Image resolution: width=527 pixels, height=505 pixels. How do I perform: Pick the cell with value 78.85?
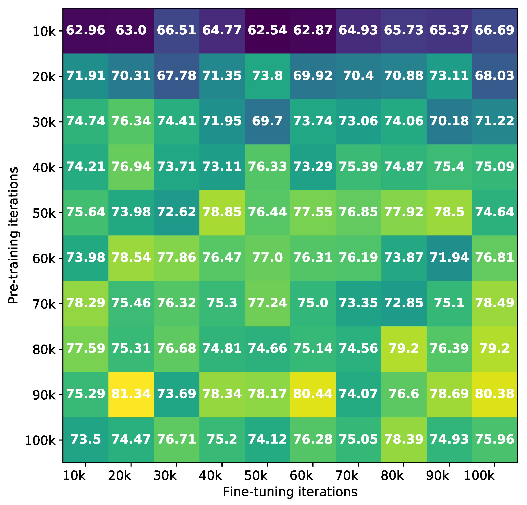[222, 212]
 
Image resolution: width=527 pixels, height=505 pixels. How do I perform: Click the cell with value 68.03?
[494, 76]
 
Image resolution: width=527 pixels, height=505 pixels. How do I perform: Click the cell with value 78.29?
[86, 303]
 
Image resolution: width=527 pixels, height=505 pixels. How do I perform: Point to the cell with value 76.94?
[131, 167]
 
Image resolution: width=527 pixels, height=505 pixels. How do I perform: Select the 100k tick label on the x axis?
[479, 476]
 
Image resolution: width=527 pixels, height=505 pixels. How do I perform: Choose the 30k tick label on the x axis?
[165, 476]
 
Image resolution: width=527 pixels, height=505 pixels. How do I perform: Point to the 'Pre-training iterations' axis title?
[13, 235]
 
